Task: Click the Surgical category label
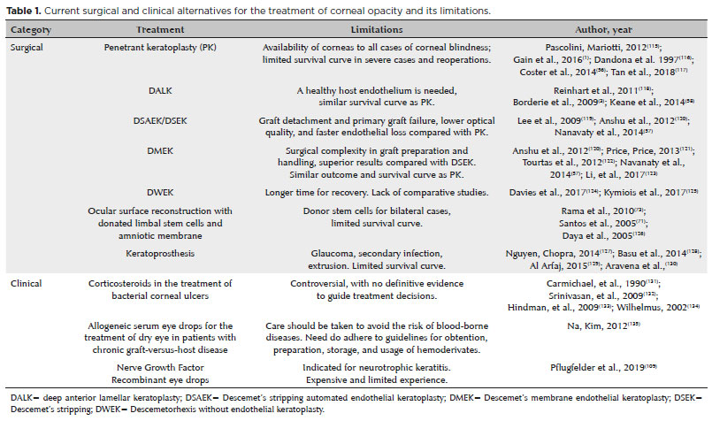point(28,47)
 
